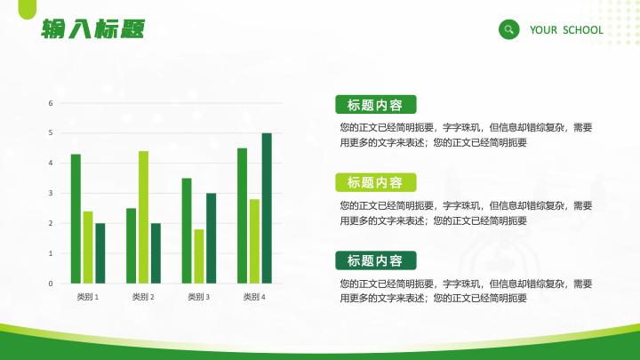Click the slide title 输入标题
click(93, 29)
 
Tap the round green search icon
click(509, 29)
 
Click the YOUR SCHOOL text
click(566, 30)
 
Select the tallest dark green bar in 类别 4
click(267, 208)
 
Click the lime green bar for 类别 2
click(143, 217)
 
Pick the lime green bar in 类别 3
click(199, 256)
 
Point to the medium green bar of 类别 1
click(76, 219)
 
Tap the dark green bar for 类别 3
click(211, 238)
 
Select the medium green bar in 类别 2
click(131, 245)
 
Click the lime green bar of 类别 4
click(254, 241)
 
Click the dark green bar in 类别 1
click(100, 253)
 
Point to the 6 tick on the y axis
click(51, 103)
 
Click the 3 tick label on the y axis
click(51, 193)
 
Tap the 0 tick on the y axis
click(51, 284)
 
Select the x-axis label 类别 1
click(88, 297)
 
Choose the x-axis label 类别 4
click(254, 297)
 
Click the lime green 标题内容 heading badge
click(376, 182)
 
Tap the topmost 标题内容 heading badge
click(376, 105)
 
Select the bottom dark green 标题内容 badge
click(376, 260)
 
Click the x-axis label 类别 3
click(199, 297)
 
